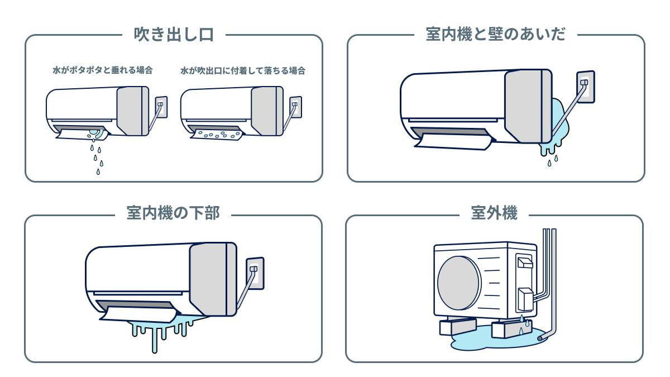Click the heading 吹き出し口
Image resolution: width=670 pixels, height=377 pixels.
[x=174, y=35]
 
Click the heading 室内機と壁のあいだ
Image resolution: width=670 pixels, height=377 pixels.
[x=495, y=35]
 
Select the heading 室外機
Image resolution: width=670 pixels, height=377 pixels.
[x=494, y=213]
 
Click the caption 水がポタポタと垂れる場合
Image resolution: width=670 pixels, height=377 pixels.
[x=99, y=71]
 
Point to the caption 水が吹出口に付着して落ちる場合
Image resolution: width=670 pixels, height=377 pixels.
[x=242, y=71]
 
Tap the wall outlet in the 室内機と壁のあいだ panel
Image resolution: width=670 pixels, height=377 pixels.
[x=585, y=87]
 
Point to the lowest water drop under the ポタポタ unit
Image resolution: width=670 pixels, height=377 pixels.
[x=98, y=171]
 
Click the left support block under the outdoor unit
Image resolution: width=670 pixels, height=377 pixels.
[x=457, y=326]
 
